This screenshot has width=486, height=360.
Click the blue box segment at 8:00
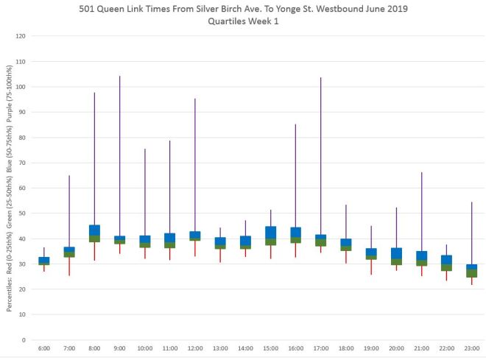click(94, 230)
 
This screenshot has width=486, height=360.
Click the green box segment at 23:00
click(471, 273)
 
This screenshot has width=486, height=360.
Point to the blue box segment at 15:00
click(270, 232)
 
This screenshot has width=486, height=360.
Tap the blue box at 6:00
click(44, 260)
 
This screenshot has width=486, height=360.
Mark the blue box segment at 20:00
click(396, 253)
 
